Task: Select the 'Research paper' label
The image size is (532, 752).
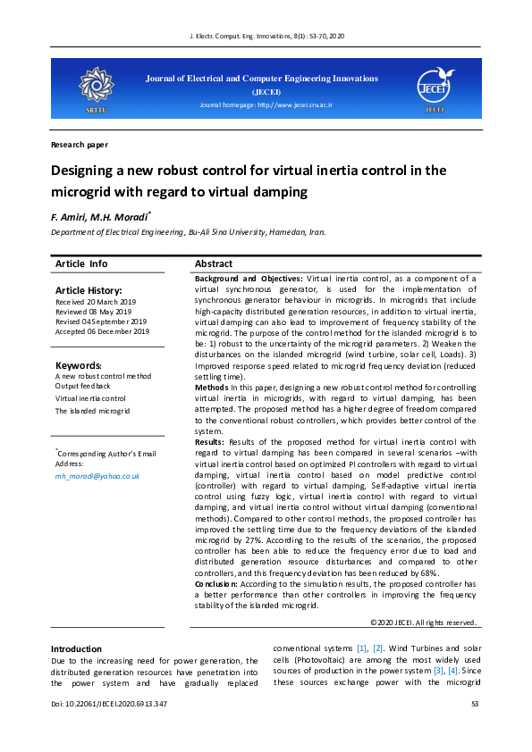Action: pyautogui.click(x=79, y=144)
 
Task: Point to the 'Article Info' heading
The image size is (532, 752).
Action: pyautogui.click(x=81, y=263)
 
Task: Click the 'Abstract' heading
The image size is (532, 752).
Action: pyautogui.click(x=214, y=263)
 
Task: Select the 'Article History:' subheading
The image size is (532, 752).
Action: pyautogui.click(x=88, y=290)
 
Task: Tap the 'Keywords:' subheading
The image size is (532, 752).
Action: pyautogui.click(x=79, y=366)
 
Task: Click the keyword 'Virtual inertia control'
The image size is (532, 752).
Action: pyautogui.click(x=90, y=398)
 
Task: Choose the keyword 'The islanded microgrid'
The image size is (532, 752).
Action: pyautogui.click(x=92, y=411)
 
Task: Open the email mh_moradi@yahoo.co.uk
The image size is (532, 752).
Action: pyautogui.click(x=97, y=476)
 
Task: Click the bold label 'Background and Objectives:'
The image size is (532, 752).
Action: pyautogui.click(x=249, y=279)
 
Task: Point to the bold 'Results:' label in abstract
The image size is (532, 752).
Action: pyautogui.click(x=209, y=442)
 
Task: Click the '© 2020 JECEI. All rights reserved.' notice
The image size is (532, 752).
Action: pyautogui.click(x=423, y=622)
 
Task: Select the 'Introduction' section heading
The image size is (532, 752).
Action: pyautogui.click(x=76, y=648)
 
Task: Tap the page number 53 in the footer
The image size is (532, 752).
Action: pyautogui.click(x=475, y=705)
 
